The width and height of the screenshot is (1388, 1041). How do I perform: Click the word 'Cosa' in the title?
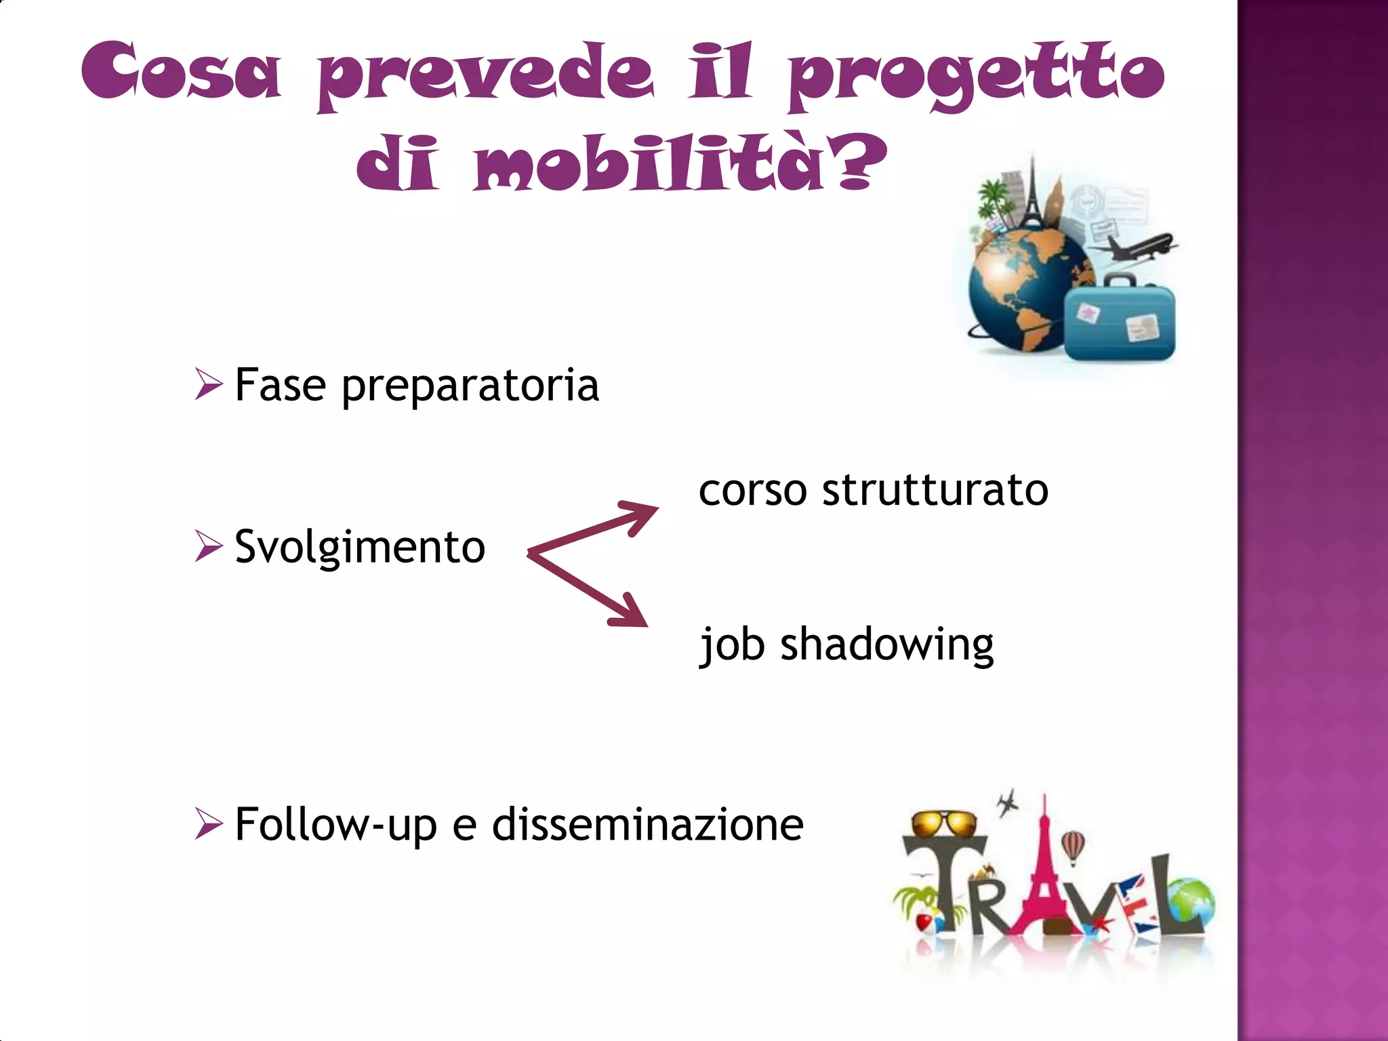coord(181,70)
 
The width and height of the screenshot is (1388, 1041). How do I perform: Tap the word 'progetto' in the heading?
coord(976,75)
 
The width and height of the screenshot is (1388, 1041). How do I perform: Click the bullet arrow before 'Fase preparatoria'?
coord(208,384)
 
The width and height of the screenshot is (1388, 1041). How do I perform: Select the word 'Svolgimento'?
coord(360,547)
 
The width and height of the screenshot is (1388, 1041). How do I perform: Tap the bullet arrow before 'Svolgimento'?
coord(208,546)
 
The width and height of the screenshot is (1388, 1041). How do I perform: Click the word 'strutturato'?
coord(935,489)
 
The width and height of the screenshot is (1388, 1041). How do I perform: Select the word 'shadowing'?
coord(886,645)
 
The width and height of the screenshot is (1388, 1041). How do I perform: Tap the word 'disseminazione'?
coord(648,825)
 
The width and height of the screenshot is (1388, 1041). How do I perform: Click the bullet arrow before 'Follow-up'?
coord(208,823)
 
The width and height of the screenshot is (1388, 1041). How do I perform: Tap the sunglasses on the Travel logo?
coord(943,824)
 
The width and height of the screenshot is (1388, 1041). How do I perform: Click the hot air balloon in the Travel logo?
coord(1073,846)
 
